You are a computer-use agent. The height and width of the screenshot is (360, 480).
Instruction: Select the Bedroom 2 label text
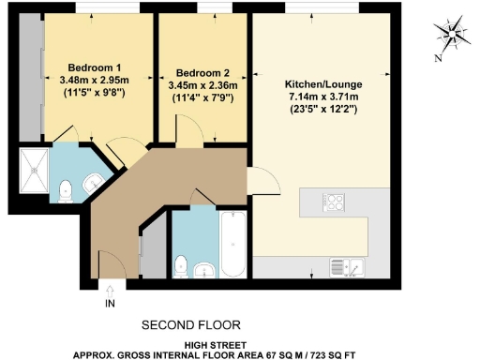[x=202, y=72]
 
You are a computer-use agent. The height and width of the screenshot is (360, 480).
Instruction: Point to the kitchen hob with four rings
[x=336, y=202]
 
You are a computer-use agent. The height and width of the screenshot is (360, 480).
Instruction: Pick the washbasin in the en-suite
[x=95, y=183]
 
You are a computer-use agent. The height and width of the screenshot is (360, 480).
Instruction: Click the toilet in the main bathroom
[x=183, y=265]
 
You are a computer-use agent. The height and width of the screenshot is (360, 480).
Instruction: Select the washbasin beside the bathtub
[x=205, y=272]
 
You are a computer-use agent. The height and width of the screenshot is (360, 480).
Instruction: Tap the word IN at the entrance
[x=111, y=304]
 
